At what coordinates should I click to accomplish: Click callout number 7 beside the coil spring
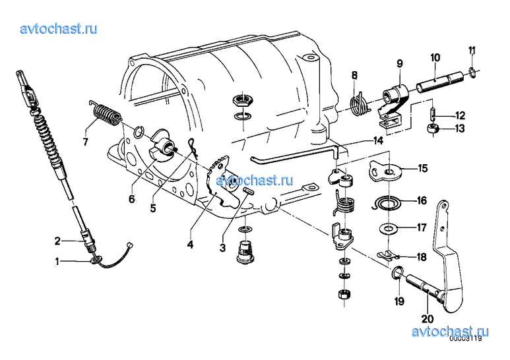click(x=84, y=141)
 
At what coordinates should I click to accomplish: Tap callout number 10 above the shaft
click(x=435, y=58)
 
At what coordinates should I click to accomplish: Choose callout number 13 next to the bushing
click(x=459, y=129)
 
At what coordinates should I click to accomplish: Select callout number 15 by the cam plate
click(x=422, y=169)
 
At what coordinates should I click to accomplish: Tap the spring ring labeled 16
click(x=385, y=204)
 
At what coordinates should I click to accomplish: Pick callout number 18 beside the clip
click(x=422, y=256)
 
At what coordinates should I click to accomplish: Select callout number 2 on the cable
click(x=57, y=240)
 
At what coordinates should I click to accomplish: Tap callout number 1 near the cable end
click(x=57, y=262)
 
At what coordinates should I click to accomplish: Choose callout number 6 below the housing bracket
click(x=131, y=198)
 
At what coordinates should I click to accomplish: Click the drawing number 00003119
click(x=466, y=340)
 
